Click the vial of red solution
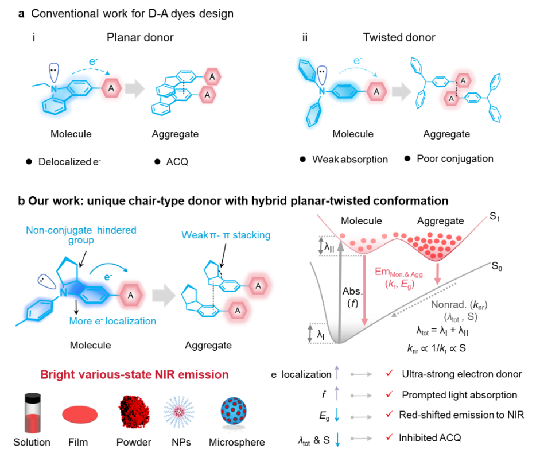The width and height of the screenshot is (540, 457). (33, 413)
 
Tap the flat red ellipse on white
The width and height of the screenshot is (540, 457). (80, 415)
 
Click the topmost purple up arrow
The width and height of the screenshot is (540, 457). (337, 374)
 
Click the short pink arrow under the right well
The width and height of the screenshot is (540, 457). (437, 272)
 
